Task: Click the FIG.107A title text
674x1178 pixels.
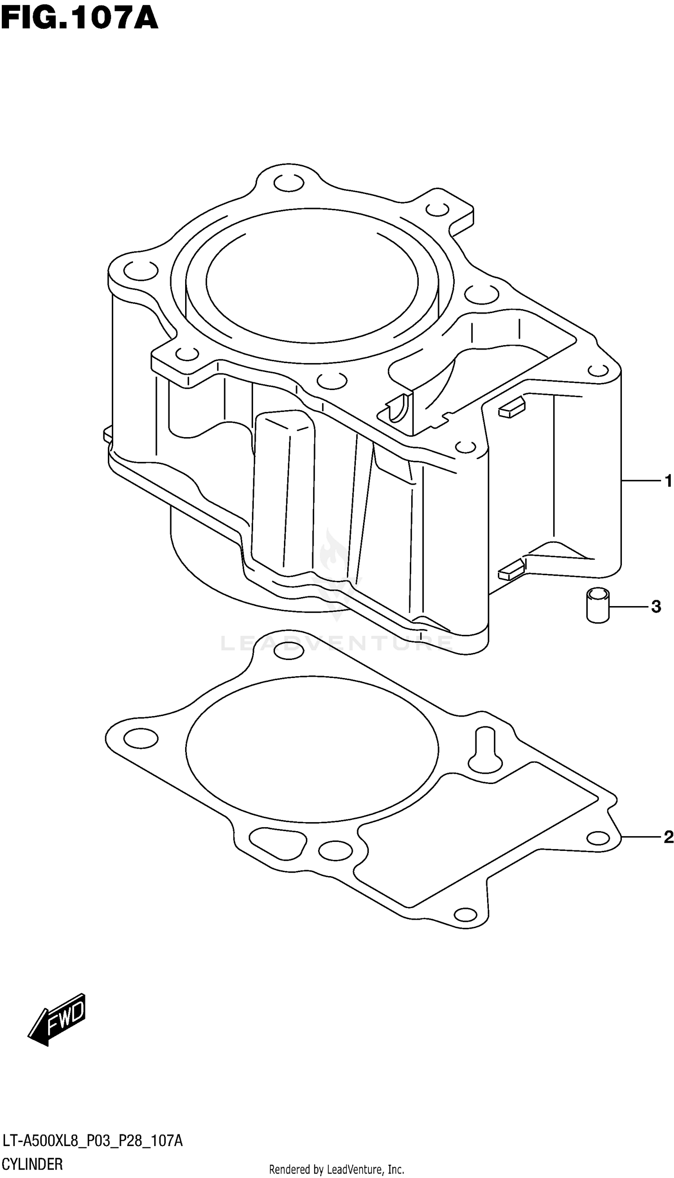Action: click(80, 19)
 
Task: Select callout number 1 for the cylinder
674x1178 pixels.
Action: click(667, 481)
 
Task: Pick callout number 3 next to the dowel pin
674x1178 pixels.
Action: click(656, 607)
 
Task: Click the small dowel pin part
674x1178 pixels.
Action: click(598, 605)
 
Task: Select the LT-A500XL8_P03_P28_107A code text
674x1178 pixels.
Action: click(93, 1141)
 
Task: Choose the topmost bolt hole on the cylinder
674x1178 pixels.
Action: click(289, 182)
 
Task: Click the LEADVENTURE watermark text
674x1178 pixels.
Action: click(337, 643)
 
